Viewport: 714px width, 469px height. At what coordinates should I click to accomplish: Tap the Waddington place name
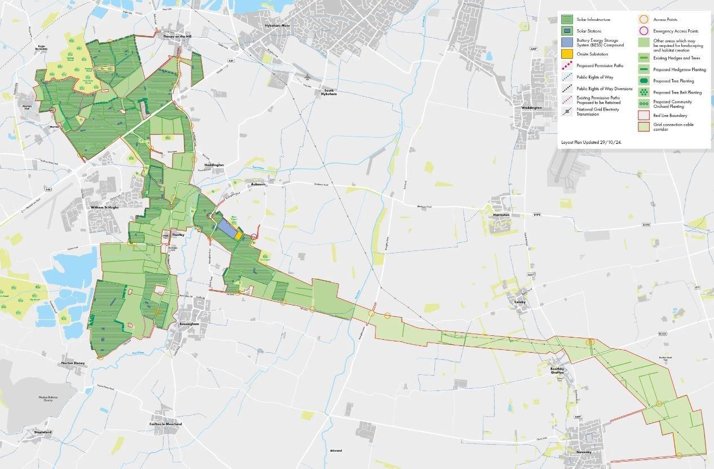531,107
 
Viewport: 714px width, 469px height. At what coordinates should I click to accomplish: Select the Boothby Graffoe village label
557,370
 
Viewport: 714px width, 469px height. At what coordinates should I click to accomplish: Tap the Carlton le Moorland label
166,424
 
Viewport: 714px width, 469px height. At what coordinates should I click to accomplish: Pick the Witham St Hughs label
103,207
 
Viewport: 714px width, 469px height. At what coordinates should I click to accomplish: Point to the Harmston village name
501,215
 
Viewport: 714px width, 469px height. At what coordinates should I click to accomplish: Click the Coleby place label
519,302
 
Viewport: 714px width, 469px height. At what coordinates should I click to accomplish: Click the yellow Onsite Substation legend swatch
567,54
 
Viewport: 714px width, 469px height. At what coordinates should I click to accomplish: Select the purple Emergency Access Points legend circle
644,31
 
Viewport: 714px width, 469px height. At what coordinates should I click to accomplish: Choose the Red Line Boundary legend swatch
644,115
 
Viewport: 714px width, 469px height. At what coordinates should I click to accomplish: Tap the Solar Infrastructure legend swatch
567,19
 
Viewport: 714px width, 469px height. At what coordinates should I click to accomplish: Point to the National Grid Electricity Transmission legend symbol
567,112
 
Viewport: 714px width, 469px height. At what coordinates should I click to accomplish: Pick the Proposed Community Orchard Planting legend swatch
644,104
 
